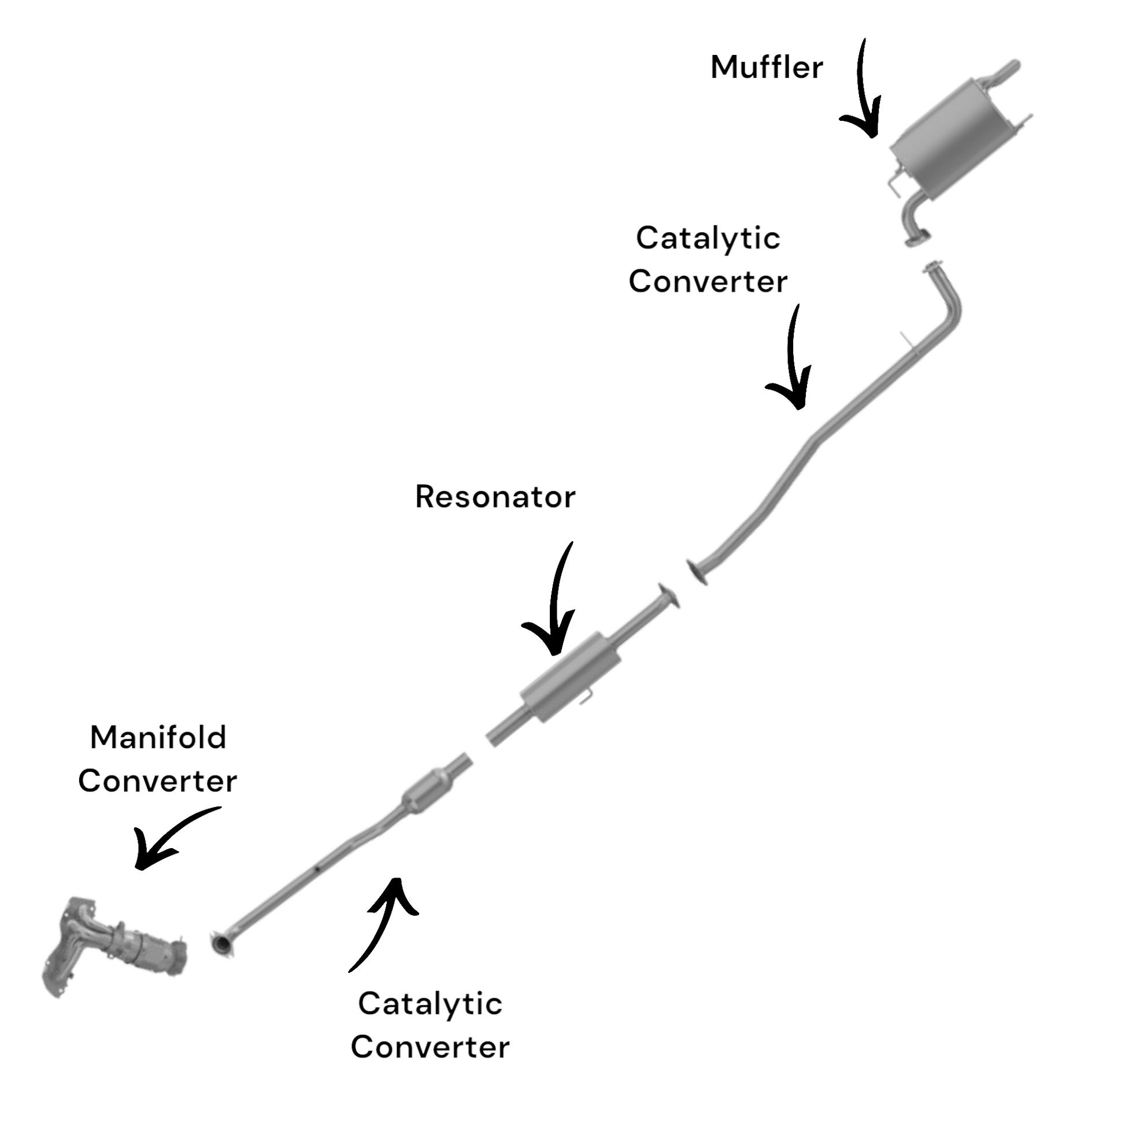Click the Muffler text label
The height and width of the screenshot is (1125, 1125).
click(767, 67)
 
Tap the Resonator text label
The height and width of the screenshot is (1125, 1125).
click(495, 497)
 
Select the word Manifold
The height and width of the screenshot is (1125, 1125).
click(158, 738)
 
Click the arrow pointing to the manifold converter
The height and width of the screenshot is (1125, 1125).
click(169, 838)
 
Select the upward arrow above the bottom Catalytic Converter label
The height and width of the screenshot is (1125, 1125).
click(384, 920)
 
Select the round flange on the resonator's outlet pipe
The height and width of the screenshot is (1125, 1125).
click(668, 597)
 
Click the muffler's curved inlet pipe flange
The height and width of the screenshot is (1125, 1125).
click(917, 239)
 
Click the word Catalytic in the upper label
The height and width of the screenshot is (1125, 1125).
click(708, 238)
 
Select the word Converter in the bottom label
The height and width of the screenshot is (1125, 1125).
click(430, 1047)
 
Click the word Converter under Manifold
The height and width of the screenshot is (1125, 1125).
click(158, 781)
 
